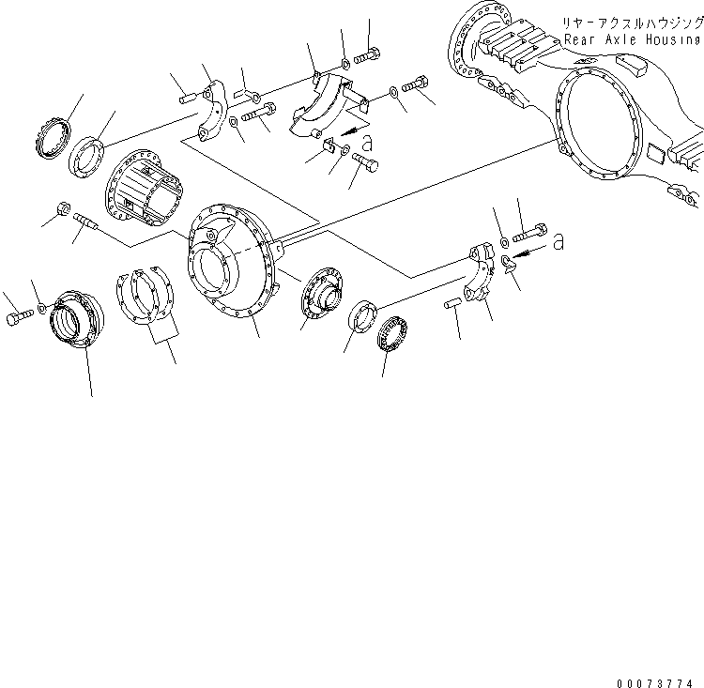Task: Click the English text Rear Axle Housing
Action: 633,40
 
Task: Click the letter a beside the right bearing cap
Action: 559,242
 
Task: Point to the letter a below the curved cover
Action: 367,143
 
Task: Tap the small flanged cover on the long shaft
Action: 323,295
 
